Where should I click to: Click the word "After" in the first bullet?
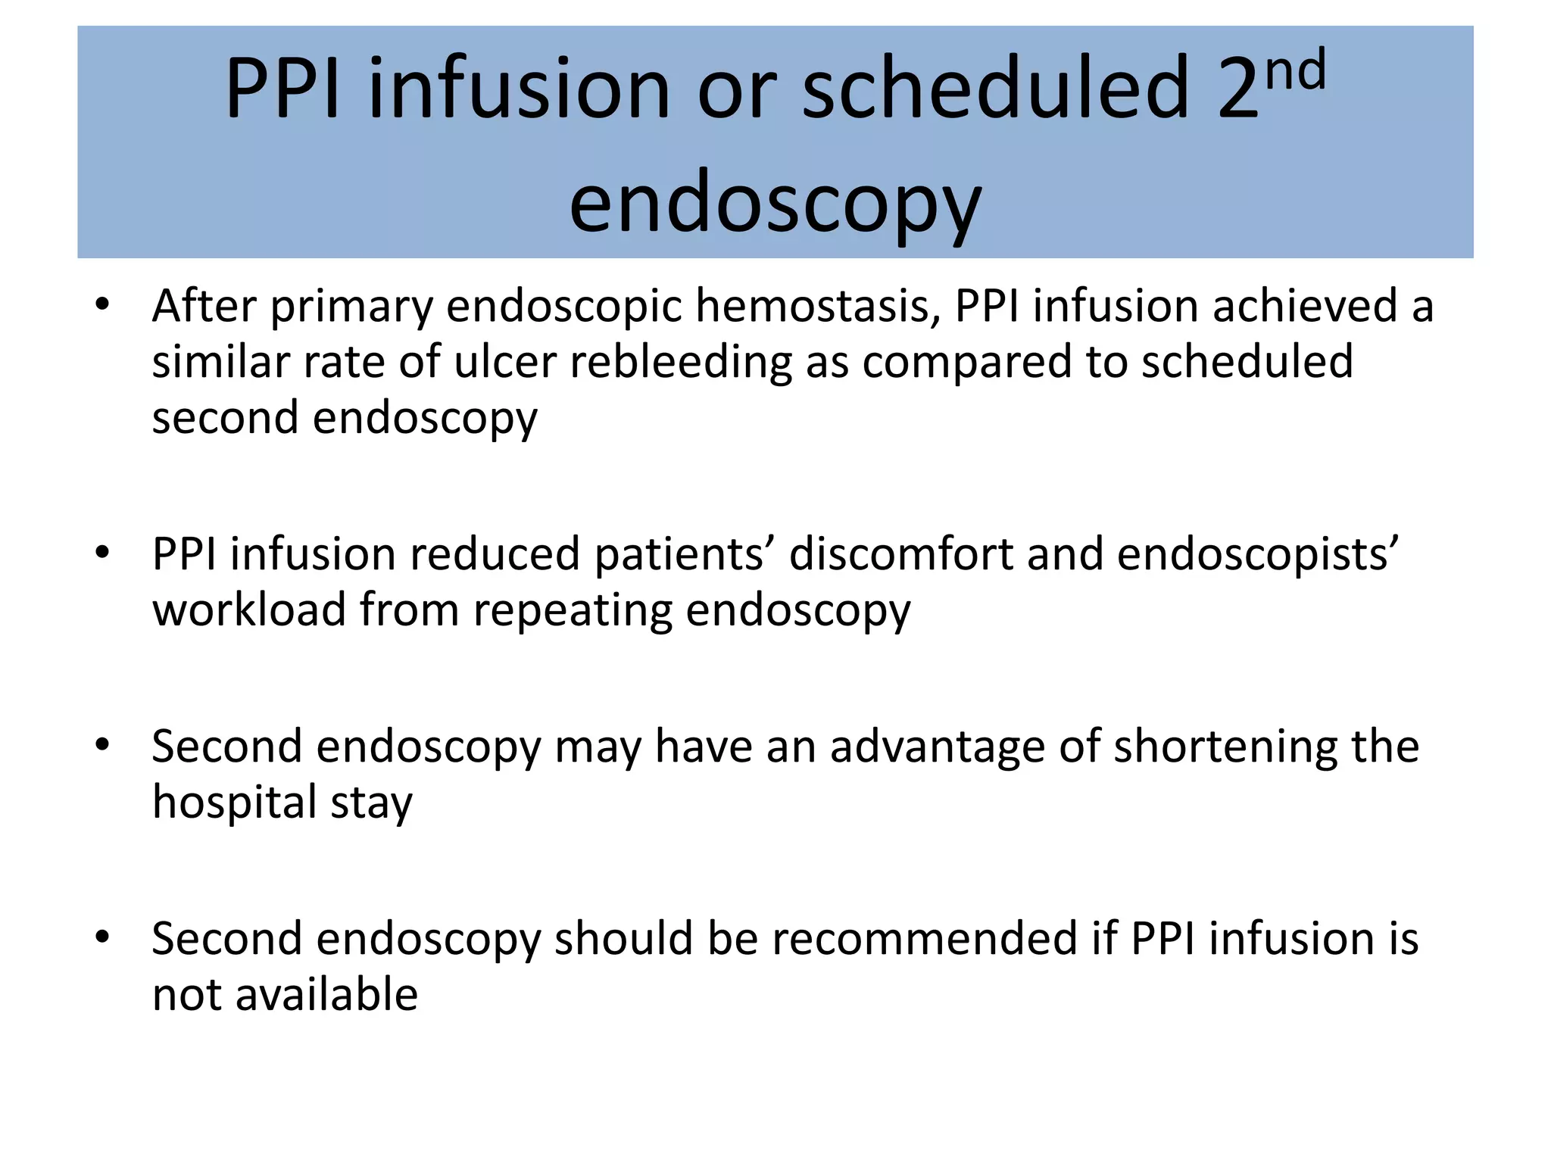(x=204, y=307)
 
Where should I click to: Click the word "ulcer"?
(x=505, y=362)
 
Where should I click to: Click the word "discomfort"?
(x=900, y=554)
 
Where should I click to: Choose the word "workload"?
(x=249, y=610)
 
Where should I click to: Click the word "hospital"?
(x=234, y=803)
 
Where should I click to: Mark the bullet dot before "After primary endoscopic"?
(x=102, y=305)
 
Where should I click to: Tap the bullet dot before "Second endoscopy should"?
(x=102, y=937)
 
